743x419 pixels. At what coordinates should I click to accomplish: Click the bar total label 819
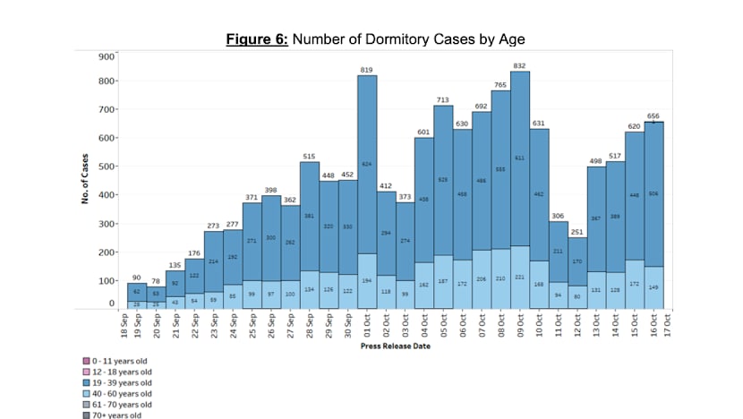click(x=366, y=70)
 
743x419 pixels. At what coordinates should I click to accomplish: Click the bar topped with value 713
click(x=443, y=206)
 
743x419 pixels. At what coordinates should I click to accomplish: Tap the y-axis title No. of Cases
click(x=84, y=179)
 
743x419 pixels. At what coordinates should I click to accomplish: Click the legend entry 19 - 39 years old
click(x=118, y=383)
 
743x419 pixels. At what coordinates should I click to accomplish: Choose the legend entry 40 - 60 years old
click(x=118, y=394)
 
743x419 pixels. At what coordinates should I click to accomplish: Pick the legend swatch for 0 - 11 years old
click(x=82, y=362)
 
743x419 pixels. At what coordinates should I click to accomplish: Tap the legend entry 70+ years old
click(x=114, y=415)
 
